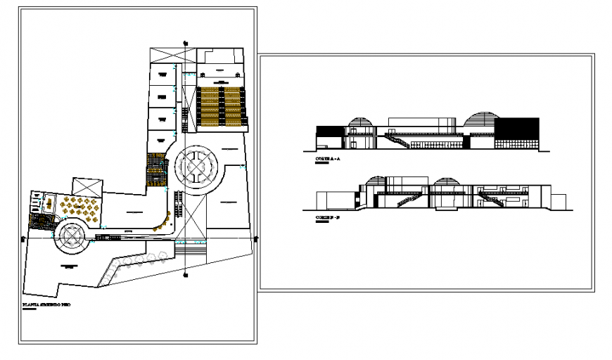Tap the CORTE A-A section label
pos(329,161)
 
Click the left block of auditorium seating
pos(209,105)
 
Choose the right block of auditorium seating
pos(234,105)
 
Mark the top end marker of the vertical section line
pos(186,42)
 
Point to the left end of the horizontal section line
pos(25,239)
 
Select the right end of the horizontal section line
pos(255,239)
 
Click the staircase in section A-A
pos(397,141)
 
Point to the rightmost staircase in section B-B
pos(492,200)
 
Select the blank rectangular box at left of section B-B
pos(330,200)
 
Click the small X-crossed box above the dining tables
pos(87,186)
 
